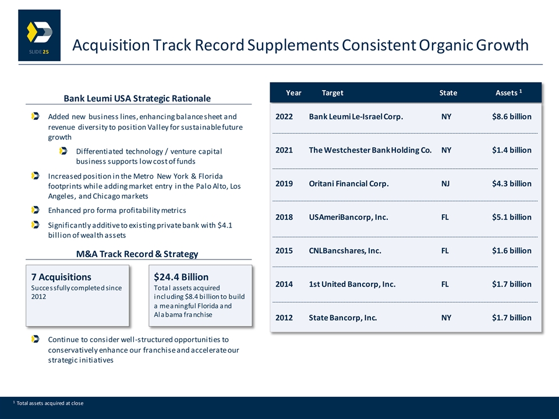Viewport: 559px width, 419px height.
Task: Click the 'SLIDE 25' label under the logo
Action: [39, 52]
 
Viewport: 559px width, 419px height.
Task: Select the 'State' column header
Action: [448, 93]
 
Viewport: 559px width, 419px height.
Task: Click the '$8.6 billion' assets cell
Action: [512, 116]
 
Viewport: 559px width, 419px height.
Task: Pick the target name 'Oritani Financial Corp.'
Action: [349, 183]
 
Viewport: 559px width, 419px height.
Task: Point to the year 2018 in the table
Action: [284, 217]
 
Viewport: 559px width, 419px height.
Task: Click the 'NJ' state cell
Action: [445, 183]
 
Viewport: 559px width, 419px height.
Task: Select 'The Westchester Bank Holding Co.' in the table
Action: [370, 150]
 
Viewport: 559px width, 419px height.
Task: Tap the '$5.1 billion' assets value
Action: [512, 217]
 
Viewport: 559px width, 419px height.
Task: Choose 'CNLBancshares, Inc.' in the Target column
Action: [345, 250]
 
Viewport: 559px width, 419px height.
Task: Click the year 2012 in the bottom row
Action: [284, 318]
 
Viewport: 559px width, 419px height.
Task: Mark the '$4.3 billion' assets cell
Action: [512, 183]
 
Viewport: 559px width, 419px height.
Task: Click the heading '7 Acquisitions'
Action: [61, 277]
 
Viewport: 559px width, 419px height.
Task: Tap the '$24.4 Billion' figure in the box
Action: [181, 277]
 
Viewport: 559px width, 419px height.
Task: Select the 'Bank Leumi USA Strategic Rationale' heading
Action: [137, 98]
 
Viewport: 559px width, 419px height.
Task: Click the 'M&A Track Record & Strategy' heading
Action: [137, 254]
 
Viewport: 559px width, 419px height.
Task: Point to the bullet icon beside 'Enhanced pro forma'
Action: [36, 210]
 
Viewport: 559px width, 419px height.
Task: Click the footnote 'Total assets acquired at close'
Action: [50, 403]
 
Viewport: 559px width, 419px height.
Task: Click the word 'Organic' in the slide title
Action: [445, 45]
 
